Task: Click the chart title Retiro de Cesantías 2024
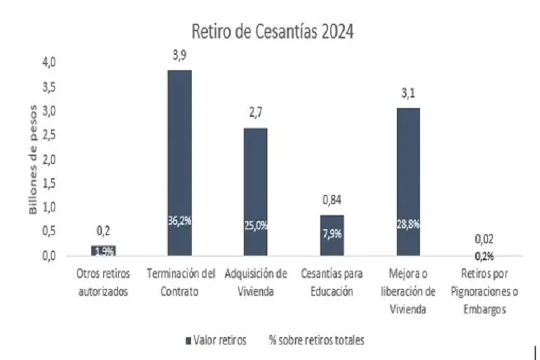point(272,31)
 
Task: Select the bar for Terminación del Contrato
point(180,162)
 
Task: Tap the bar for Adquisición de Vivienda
point(255,192)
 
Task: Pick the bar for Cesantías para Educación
point(331,235)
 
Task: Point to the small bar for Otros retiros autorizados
point(103,251)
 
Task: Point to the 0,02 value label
point(484,238)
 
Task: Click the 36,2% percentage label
point(180,220)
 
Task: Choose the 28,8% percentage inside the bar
point(408,224)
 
